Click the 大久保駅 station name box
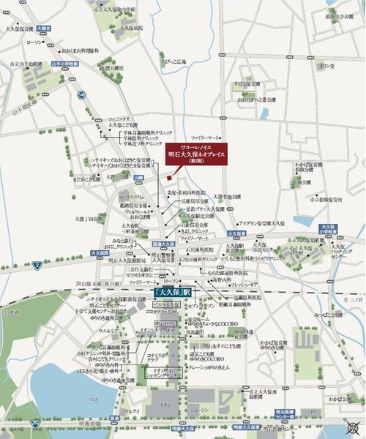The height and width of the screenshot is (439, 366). coord(173,291)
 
